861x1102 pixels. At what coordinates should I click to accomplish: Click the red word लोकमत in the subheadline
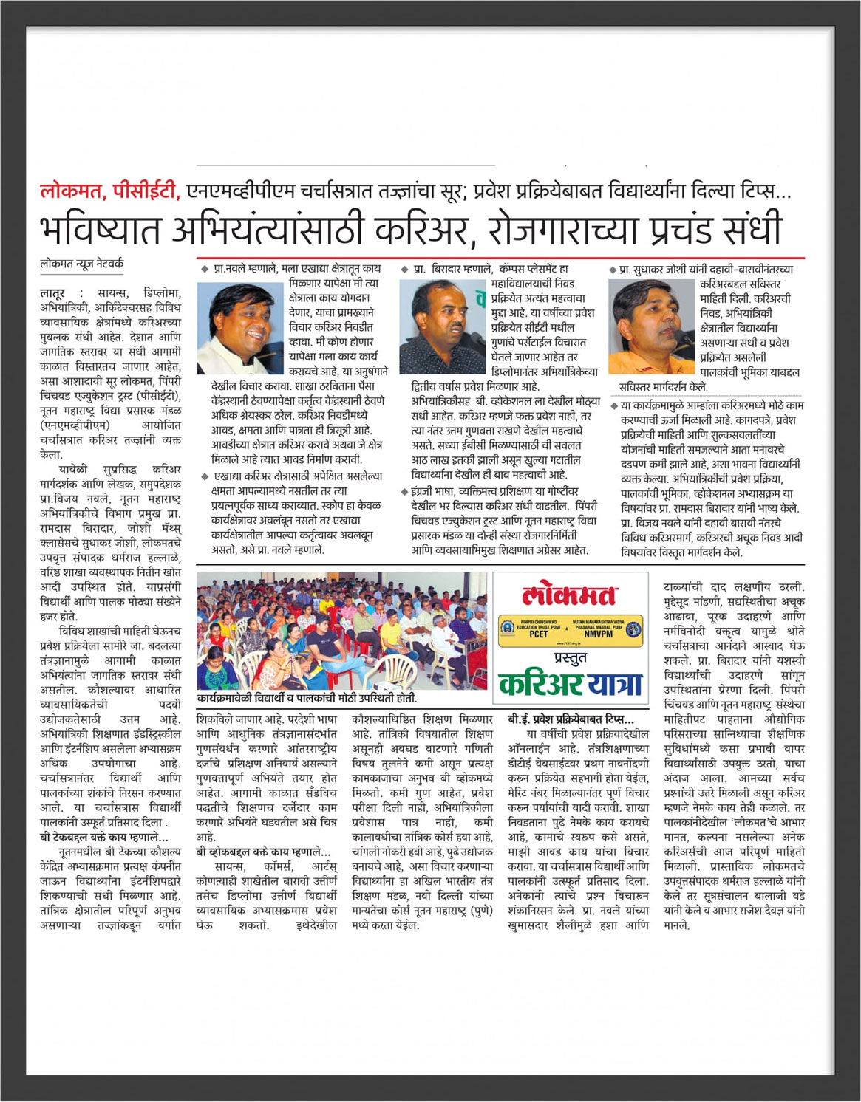click(72, 191)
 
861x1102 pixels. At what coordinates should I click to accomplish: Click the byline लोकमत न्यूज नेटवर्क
click(82, 264)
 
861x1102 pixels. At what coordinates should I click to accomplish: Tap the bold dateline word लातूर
click(53, 293)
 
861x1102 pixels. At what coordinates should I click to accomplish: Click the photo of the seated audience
click(342, 632)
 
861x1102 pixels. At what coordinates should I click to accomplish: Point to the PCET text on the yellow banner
click(539, 634)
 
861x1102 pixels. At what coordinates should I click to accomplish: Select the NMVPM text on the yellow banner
click(598, 634)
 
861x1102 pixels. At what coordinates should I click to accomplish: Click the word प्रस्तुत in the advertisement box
click(570, 657)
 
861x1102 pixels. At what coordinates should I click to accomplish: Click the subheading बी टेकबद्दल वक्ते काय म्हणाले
click(104, 837)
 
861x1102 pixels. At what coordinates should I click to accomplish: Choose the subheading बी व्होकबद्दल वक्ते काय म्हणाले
click(263, 852)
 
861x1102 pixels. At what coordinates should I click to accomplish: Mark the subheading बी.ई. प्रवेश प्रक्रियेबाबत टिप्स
click(571, 719)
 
